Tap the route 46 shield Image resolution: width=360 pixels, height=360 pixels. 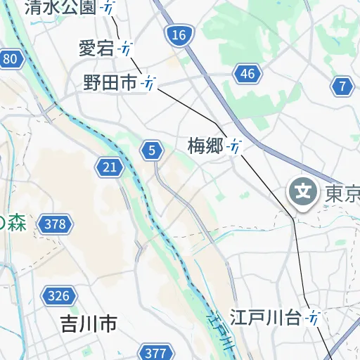pyautogui.click(x=247, y=74)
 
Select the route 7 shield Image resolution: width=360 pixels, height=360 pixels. pyautogui.click(x=342, y=86)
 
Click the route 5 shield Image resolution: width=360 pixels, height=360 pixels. pyautogui.click(x=152, y=150)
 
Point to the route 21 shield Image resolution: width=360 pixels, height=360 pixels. pyautogui.click(x=110, y=167)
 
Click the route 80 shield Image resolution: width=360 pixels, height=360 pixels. pyautogui.click(x=10, y=59)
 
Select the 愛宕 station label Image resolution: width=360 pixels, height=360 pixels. pyautogui.click(x=96, y=49)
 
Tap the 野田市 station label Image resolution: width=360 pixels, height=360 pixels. pyautogui.click(x=110, y=83)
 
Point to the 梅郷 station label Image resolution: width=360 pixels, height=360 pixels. pyautogui.click(x=205, y=146)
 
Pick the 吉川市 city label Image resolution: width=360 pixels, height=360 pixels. pyautogui.click(x=88, y=324)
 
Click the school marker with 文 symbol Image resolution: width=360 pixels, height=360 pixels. pyautogui.click(x=304, y=191)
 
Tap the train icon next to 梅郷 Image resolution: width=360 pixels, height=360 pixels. pyautogui.click(x=236, y=146)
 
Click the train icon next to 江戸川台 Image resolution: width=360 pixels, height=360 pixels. pyautogui.click(x=314, y=318)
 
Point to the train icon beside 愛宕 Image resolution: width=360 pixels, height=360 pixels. pyautogui.click(x=126, y=49)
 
